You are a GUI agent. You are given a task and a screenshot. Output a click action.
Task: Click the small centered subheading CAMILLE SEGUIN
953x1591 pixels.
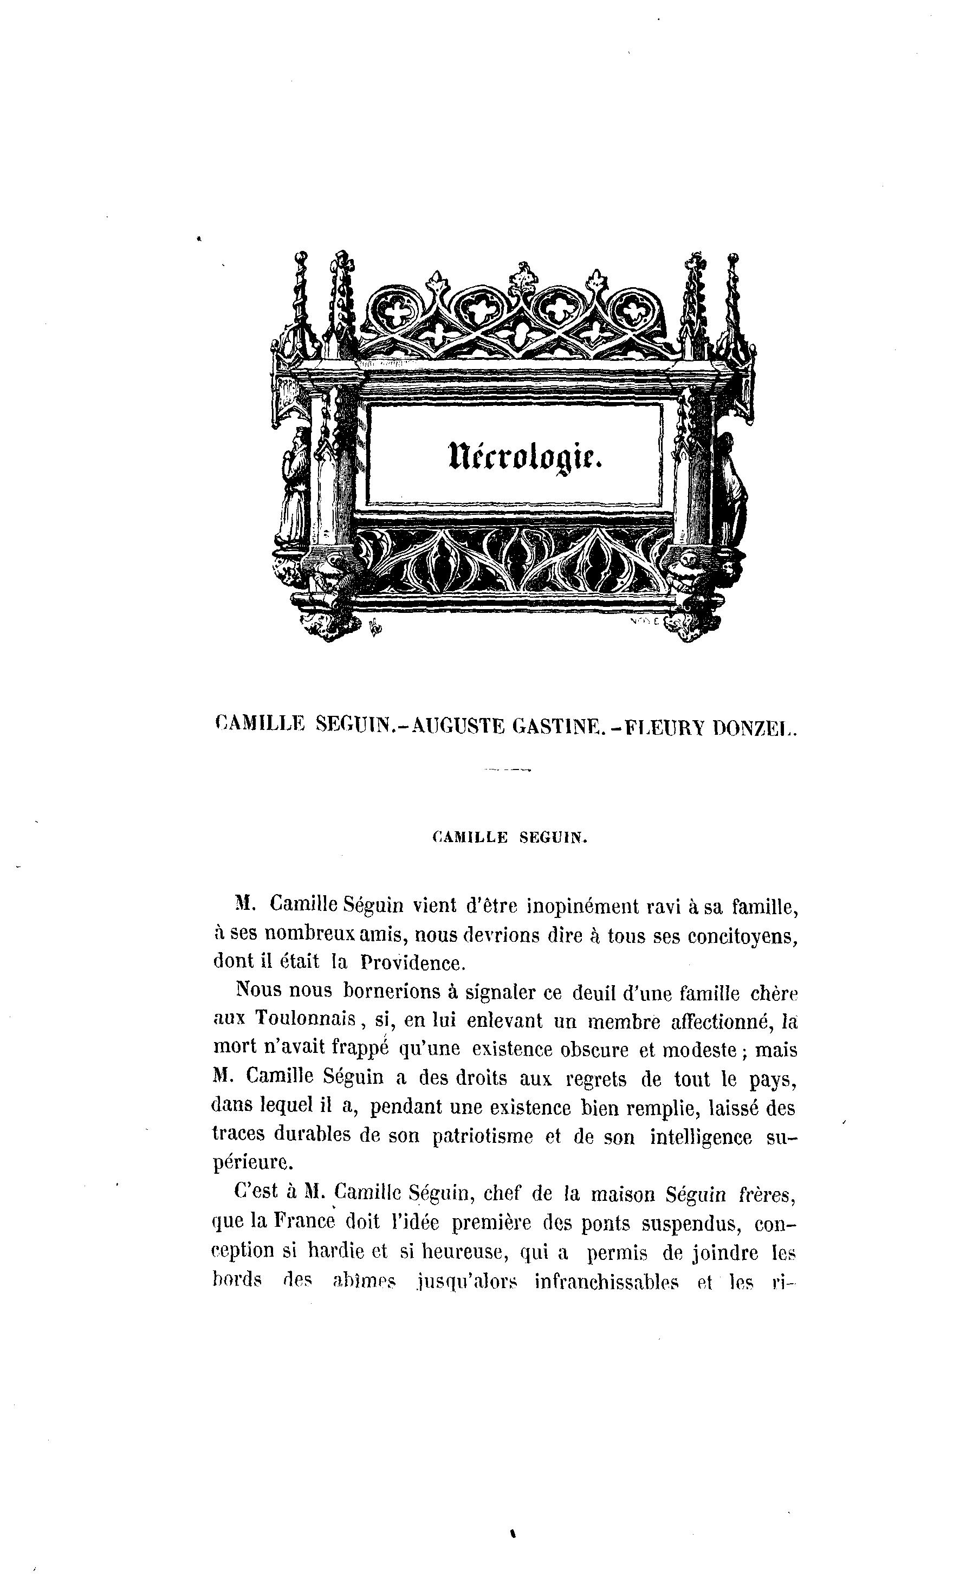(510, 837)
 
